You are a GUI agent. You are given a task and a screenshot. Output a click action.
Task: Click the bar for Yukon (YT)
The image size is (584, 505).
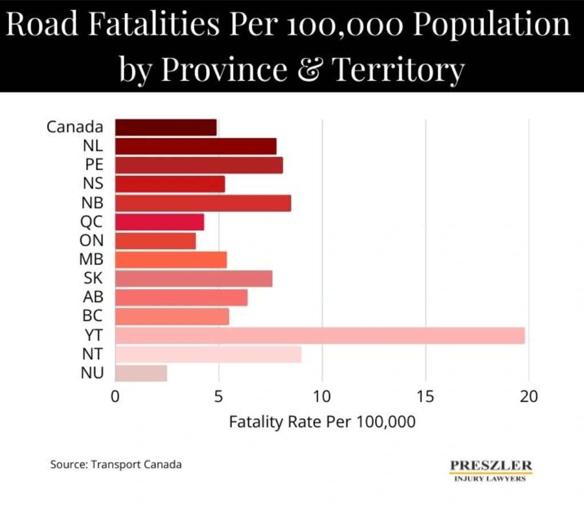(x=319, y=335)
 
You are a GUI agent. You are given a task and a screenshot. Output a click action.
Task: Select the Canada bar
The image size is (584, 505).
(x=166, y=127)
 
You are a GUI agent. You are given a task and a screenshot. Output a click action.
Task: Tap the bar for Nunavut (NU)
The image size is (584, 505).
(x=141, y=373)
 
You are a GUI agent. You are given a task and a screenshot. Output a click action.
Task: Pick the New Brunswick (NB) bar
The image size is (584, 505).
(x=203, y=203)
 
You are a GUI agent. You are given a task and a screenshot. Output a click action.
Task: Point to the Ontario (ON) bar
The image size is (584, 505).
(x=155, y=241)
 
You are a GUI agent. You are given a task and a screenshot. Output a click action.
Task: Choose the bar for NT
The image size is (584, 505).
(x=208, y=354)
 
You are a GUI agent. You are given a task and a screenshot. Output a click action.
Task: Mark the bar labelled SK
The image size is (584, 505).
(x=193, y=279)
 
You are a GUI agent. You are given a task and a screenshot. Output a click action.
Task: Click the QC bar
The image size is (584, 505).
(x=159, y=222)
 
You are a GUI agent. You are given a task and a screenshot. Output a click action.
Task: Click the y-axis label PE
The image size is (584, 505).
(x=94, y=165)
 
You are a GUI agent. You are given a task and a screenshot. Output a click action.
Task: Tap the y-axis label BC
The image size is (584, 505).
(x=93, y=316)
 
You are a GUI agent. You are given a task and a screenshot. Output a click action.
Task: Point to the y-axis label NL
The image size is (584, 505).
(x=93, y=146)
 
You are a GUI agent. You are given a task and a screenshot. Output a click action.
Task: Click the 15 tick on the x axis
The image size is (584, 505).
(x=425, y=396)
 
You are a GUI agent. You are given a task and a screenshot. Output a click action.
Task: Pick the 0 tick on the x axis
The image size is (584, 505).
(x=115, y=396)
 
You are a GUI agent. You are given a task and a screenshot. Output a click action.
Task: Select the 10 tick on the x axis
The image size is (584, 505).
(x=322, y=396)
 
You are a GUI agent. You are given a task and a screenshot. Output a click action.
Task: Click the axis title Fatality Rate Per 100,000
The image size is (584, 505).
(x=322, y=422)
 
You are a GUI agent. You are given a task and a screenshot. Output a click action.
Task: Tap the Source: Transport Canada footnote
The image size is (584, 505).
(x=116, y=464)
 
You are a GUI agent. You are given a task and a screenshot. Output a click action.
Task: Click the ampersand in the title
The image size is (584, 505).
(x=310, y=70)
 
